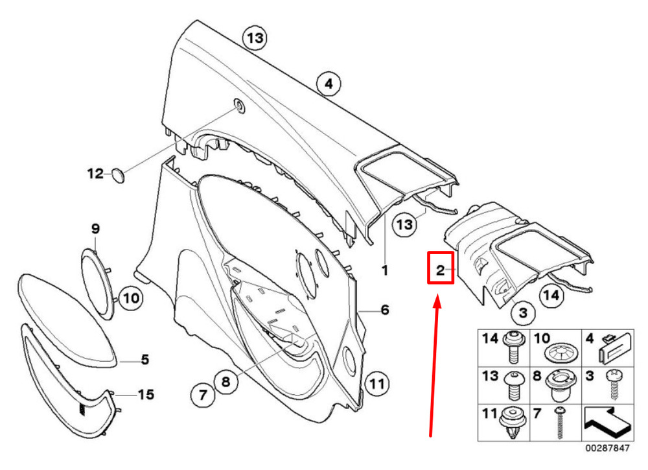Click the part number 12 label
95,173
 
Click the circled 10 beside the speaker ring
131,299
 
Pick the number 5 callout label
145,358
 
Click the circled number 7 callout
202,393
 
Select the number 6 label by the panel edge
384,311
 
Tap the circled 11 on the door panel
376,382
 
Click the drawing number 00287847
607,447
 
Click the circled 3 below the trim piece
524,313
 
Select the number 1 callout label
384,270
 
